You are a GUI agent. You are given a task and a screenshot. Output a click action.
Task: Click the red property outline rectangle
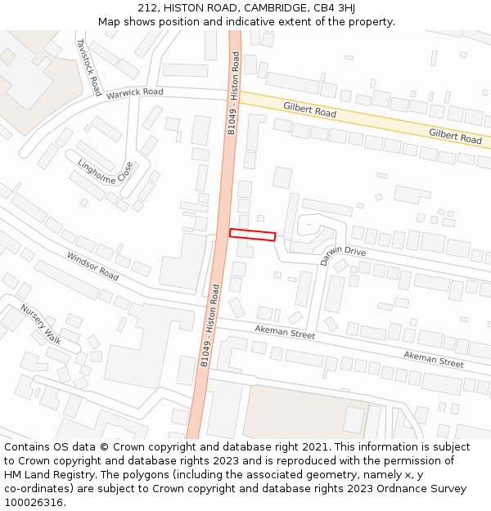(x=252, y=235)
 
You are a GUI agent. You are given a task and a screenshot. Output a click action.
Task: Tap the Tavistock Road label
(x=88, y=66)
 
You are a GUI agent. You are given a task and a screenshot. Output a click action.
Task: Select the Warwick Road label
(x=134, y=93)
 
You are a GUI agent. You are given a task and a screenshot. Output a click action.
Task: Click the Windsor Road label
(x=92, y=267)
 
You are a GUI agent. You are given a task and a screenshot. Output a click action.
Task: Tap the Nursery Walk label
(x=41, y=324)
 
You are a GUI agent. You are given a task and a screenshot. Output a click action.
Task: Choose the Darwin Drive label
(x=343, y=255)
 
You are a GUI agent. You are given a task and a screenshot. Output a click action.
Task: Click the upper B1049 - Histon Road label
(x=234, y=94)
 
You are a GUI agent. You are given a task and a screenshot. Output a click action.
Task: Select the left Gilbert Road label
(x=309, y=110)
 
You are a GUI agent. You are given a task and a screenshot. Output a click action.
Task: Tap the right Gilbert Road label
(x=455, y=136)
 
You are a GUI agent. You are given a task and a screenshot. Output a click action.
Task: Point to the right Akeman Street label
(x=433, y=358)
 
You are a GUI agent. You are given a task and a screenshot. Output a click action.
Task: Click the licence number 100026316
(x=34, y=502)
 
